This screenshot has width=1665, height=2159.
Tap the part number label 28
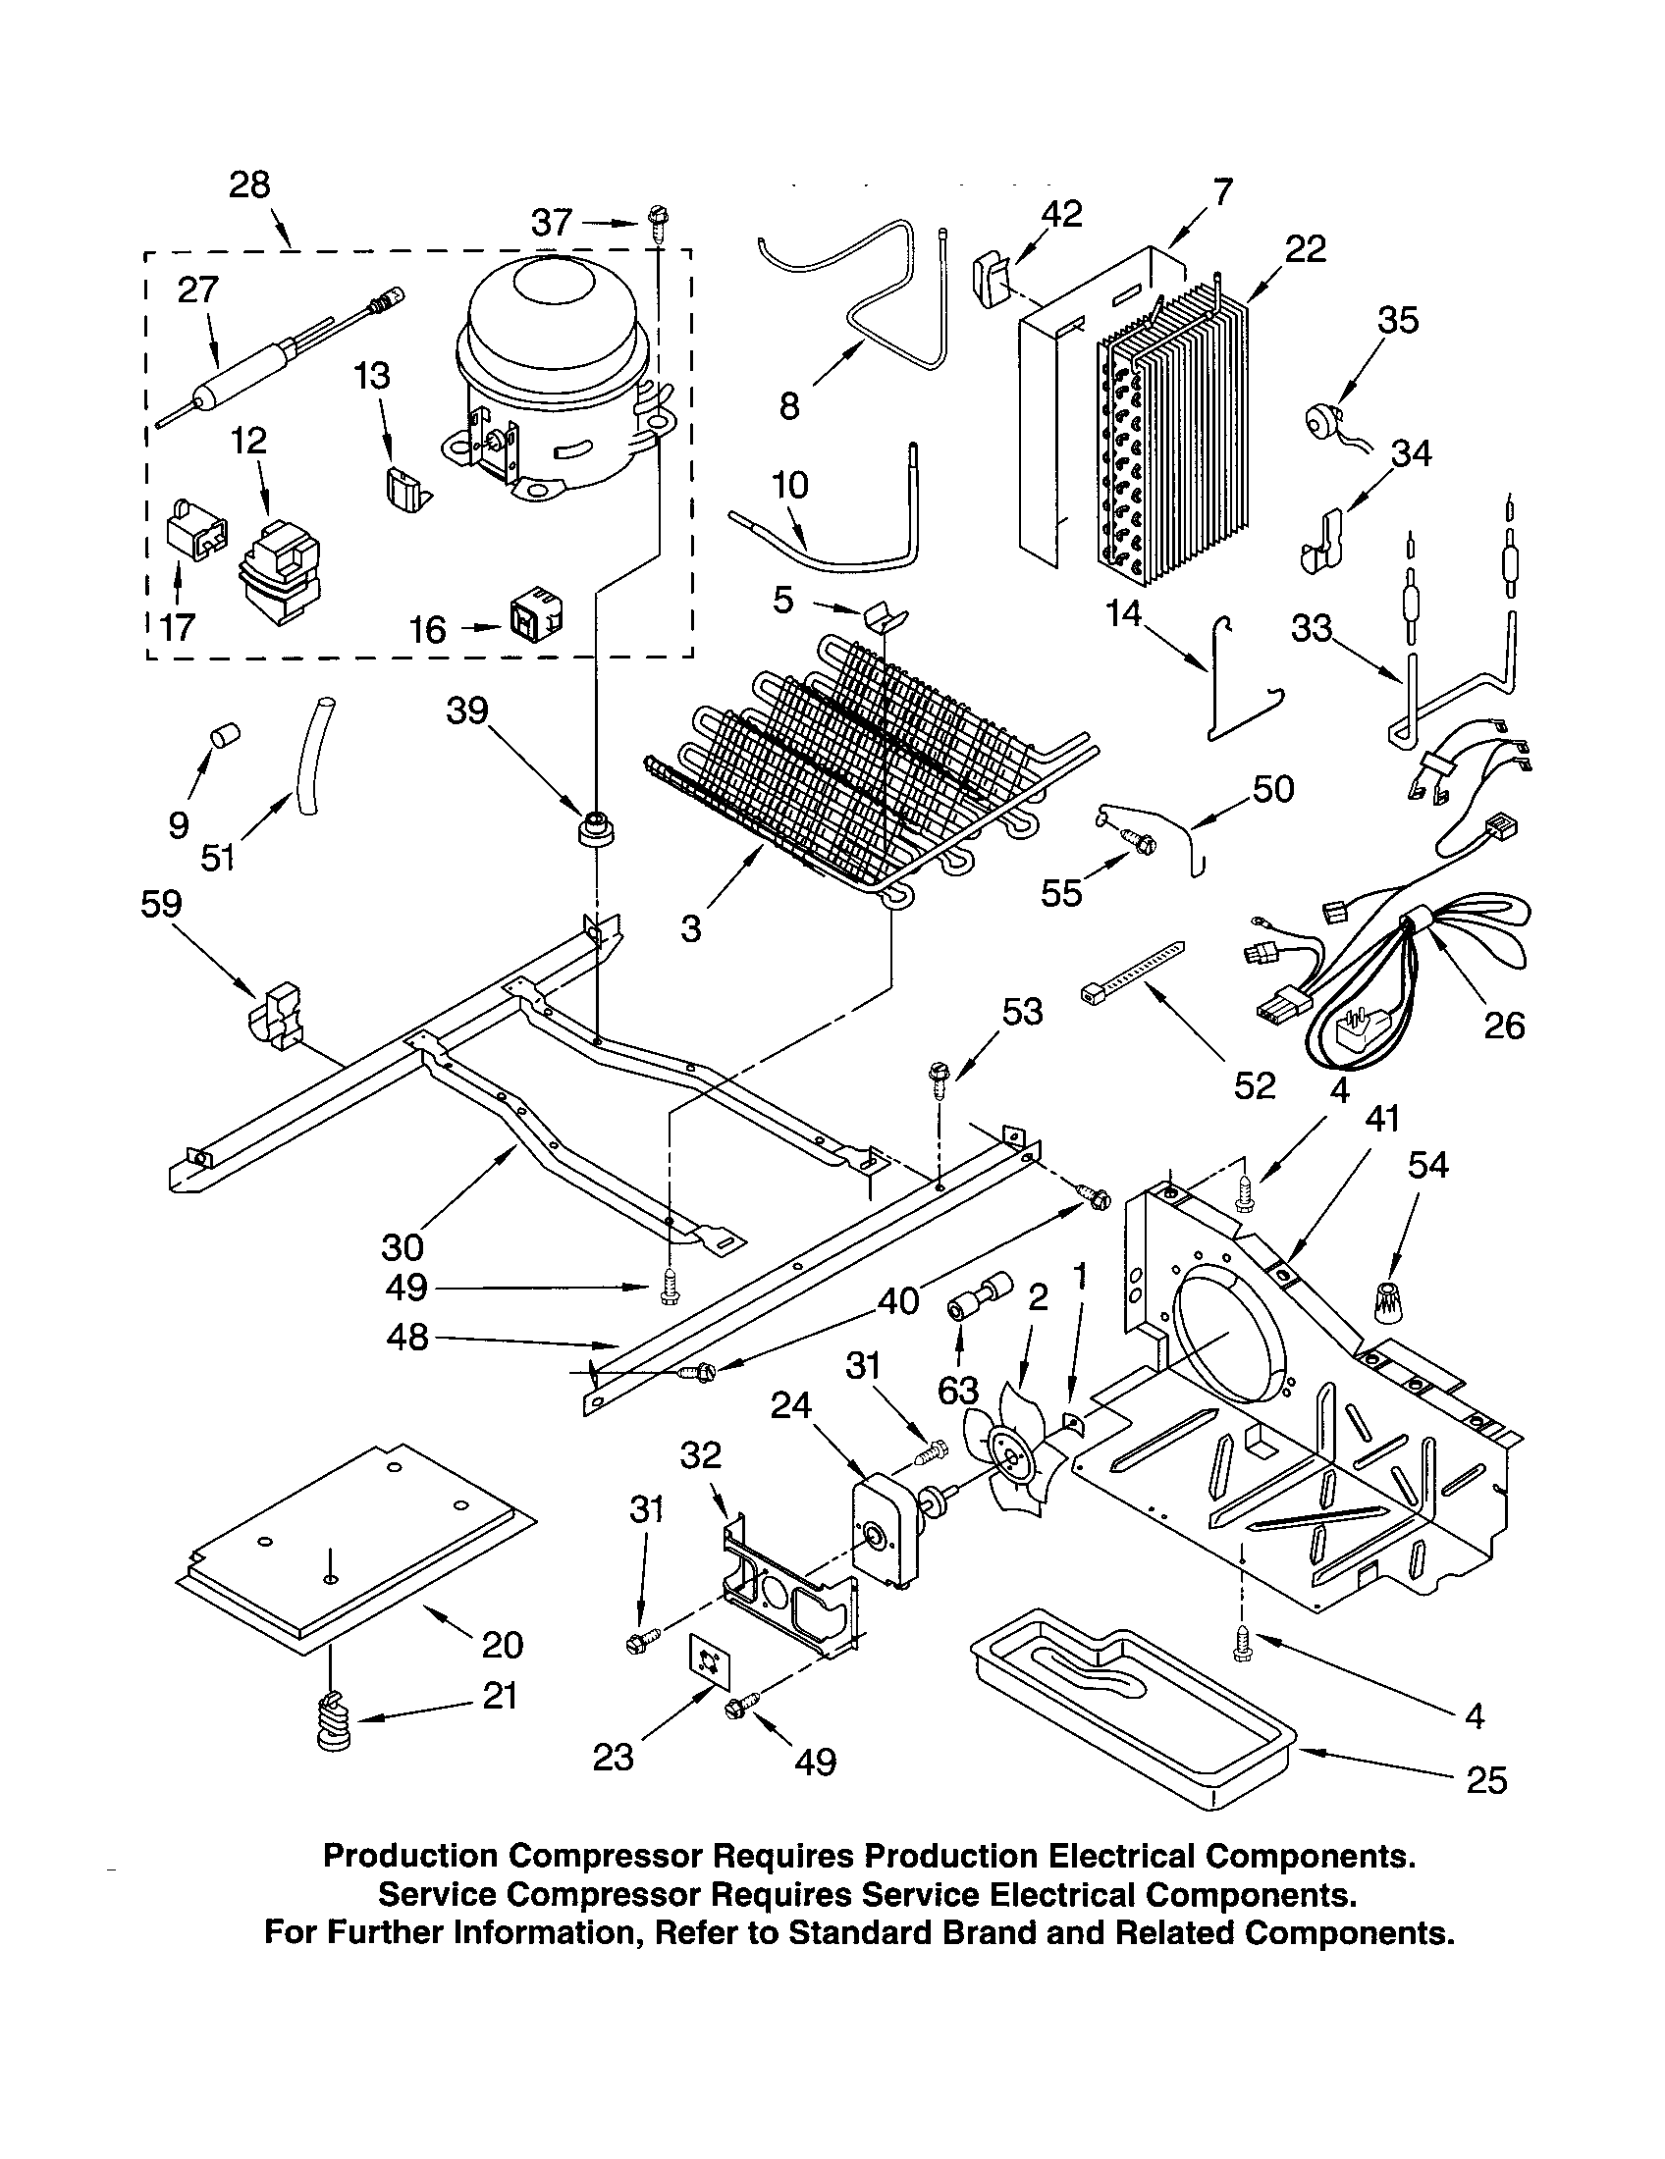click(x=249, y=184)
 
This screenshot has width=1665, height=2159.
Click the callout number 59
click(x=162, y=904)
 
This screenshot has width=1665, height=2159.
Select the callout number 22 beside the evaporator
click(x=1305, y=249)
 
